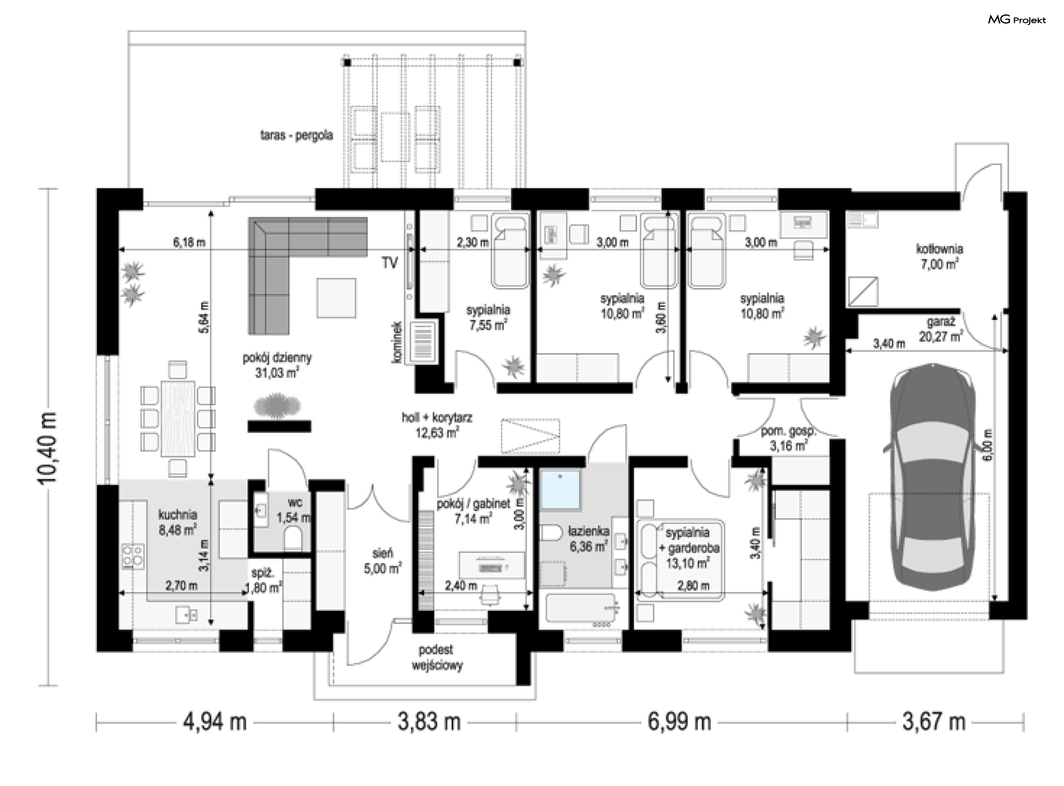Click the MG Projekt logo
[1017, 20]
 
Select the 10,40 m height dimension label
[48, 448]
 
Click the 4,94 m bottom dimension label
[214, 722]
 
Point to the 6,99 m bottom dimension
[679, 722]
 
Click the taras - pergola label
[296, 135]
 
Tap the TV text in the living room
[390, 263]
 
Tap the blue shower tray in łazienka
[561, 489]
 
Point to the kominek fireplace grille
[426, 341]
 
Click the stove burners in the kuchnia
[134, 556]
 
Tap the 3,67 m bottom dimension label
[934, 722]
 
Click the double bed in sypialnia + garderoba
[681, 560]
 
